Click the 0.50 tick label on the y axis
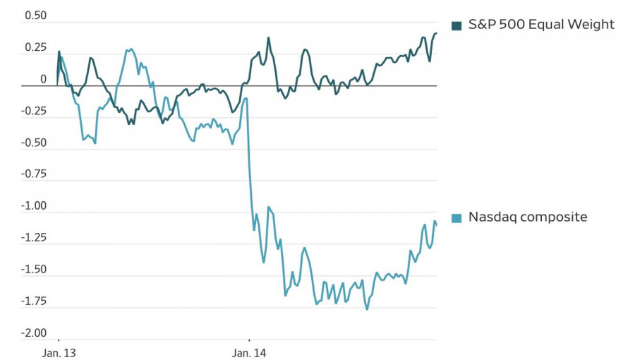click(x=35, y=16)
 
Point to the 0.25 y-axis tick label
click(x=35, y=47)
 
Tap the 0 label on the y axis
click(x=43, y=79)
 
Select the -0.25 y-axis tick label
click(x=33, y=111)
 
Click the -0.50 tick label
click(x=33, y=143)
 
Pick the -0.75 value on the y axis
click(x=33, y=174)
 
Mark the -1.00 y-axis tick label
click(x=33, y=206)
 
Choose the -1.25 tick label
click(x=33, y=238)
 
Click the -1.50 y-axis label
click(x=33, y=270)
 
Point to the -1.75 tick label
click(x=33, y=301)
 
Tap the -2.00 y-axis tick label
click(x=33, y=333)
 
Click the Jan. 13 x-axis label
click(x=58, y=351)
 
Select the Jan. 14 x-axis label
click(x=248, y=351)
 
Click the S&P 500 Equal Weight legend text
click(x=541, y=25)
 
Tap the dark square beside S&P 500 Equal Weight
click(x=456, y=26)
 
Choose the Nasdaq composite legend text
click(x=528, y=217)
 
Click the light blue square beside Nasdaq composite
click(x=456, y=218)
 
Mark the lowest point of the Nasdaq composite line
click(x=367, y=309)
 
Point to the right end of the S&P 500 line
click(x=436, y=33)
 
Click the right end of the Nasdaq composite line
click(x=436, y=225)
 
